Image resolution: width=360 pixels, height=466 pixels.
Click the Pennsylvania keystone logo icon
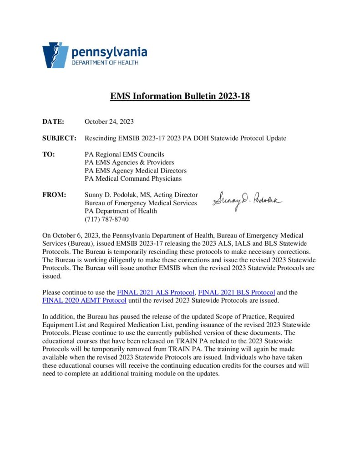[56, 55]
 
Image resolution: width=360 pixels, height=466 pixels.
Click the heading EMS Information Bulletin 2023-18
[180, 96]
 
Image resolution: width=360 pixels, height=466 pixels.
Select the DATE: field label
[53, 122]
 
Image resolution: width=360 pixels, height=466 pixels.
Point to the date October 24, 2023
[109, 122]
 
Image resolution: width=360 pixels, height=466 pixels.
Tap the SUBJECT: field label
[60, 138]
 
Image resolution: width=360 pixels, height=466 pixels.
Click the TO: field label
[49, 154]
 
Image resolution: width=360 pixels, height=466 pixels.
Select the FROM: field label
[55, 195]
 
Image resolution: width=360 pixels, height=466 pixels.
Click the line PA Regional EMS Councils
[124, 154]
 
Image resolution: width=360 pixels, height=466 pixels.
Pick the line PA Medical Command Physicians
[133, 179]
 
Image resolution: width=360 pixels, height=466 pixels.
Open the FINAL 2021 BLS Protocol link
[237, 292]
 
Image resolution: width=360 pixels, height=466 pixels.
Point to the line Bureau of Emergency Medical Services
[141, 203]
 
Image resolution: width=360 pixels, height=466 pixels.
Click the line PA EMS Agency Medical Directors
[136, 171]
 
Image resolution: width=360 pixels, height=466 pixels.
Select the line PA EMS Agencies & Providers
[129, 162]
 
